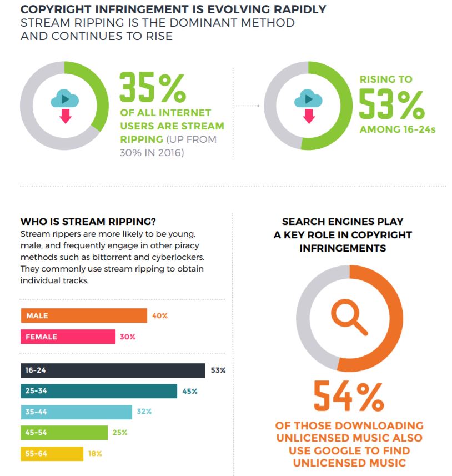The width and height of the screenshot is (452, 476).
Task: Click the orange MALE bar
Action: click(x=84, y=315)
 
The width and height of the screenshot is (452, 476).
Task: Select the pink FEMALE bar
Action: click(x=68, y=337)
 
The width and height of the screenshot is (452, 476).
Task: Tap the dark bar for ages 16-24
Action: click(x=113, y=370)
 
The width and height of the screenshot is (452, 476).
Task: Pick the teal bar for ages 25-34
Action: click(x=99, y=391)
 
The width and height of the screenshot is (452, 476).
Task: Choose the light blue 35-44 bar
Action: click(x=77, y=412)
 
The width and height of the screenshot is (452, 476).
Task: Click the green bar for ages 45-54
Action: click(x=64, y=433)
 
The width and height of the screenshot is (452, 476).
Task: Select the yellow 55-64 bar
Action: click(x=52, y=454)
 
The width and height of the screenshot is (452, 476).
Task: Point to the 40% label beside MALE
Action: click(x=160, y=315)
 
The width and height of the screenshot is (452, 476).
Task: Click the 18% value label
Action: click(x=95, y=454)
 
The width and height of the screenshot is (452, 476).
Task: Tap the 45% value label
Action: click(x=190, y=392)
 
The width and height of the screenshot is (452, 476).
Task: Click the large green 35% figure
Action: click(x=153, y=87)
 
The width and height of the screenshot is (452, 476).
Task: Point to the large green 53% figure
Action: click(x=391, y=104)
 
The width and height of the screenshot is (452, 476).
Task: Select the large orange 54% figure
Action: click(x=349, y=396)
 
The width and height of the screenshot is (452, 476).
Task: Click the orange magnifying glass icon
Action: click(x=349, y=317)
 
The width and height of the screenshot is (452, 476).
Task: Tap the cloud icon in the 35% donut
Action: click(x=64, y=98)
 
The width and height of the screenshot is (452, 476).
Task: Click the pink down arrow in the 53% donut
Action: click(x=309, y=116)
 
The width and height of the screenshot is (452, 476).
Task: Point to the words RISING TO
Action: click(x=386, y=79)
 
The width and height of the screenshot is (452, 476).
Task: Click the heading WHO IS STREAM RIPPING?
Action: click(x=88, y=221)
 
